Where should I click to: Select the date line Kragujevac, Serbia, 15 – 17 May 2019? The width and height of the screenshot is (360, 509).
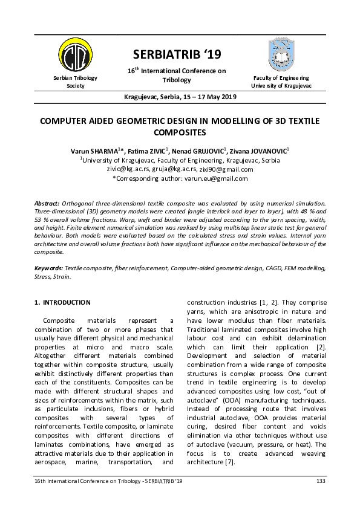coord(180,97)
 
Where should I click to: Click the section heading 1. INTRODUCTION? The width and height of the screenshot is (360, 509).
coord(62,302)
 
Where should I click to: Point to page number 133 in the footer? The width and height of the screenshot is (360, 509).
coord(321,481)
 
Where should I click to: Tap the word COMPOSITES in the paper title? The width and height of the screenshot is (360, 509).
coord(180,131)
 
